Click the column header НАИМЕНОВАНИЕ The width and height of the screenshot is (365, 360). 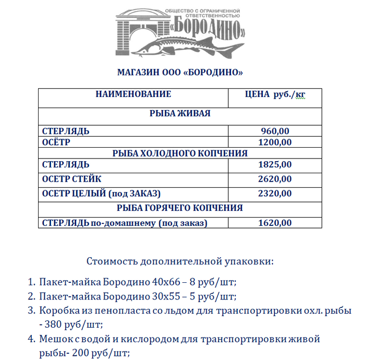[133, 94]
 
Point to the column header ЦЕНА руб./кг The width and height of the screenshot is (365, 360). [275, 94]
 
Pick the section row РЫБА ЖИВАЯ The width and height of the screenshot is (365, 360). [180, 113]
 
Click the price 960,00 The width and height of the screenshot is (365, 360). [275, 131]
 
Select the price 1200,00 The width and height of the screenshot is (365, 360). [275, 142]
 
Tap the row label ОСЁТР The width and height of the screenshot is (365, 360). [56, 142]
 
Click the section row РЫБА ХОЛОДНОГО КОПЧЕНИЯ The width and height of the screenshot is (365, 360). [180, 153]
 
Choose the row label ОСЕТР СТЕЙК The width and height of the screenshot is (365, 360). [71, 179]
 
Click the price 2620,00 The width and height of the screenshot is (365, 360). [275, 179]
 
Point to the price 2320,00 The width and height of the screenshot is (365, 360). [275, 194]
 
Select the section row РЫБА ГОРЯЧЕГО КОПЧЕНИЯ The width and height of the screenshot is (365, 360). [180, 208]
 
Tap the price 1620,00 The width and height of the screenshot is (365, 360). [275, 223]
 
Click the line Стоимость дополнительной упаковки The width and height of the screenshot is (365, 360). [180, 260]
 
